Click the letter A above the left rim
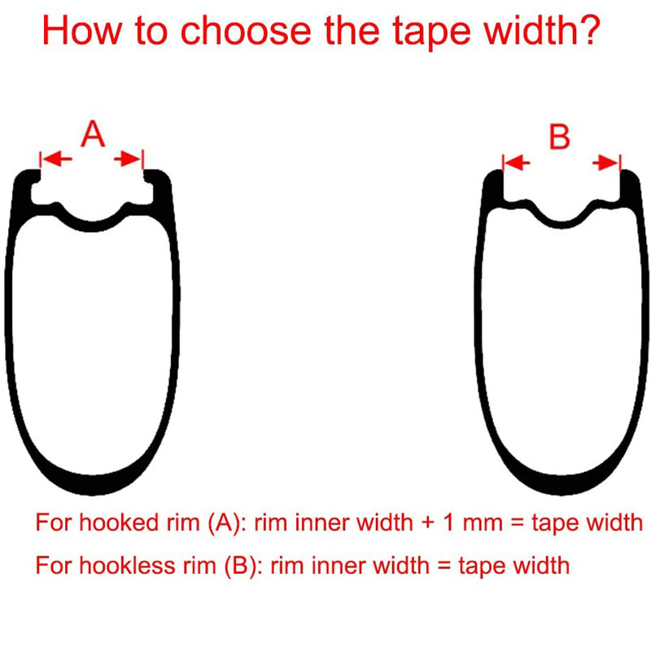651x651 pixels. pyautogui.click(x=93, y=133)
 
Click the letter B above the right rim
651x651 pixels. pyautogui.click(x=559, y=137)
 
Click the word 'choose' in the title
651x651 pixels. pyautogui.click(x=246, y=31)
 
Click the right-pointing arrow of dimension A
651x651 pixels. pyautogui.click(x=128, y=159)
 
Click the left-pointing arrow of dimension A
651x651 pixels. pyautogui.click(x=57, y=159)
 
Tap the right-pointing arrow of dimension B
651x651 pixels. pyautogui.click(x=605, y=163)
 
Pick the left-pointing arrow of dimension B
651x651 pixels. pyautogui.click(x=518, y=163)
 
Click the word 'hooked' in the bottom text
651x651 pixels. pyautogui.click(x=118, y=522)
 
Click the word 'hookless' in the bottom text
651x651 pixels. pyautogui.click(x=127, y=565)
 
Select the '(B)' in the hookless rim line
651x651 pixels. pyautogui.click(x=241, y=566)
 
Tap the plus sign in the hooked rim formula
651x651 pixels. pyautogui.click(x=429, y=522)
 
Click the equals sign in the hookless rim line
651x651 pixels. pyautogui.click(x=443, y=566)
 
